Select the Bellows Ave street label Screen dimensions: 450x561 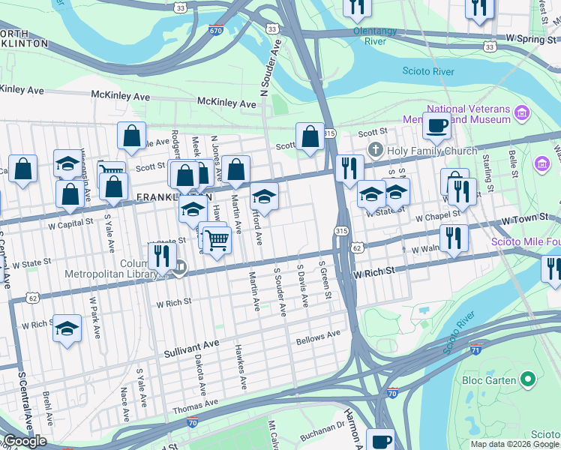(318, 337)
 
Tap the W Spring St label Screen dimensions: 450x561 (532, 37)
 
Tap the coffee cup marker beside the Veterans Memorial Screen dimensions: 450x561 (436, 125)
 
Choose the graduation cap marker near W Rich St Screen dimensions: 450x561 (67, 328)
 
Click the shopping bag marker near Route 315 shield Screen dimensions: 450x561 (310, 137)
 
